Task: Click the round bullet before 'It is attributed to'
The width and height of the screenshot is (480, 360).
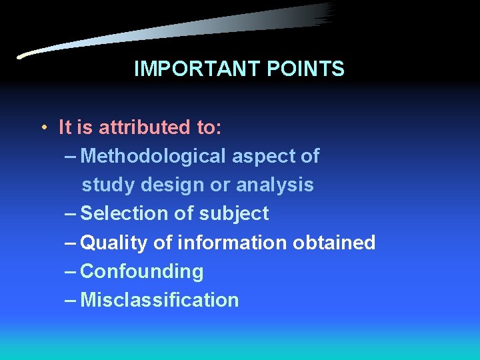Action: (x=42, y=127)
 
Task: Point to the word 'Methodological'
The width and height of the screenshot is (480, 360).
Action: (x=153, y=156)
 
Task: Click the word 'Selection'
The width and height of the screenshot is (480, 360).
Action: (x=122, y=213)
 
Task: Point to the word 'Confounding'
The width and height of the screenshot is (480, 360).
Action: (x=142, y=271)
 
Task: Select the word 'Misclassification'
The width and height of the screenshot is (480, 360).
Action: (x=159, y=300)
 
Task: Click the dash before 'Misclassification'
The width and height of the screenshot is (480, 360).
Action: (x=71, y=301)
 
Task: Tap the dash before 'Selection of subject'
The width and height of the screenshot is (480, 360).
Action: (x=71, y=214)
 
